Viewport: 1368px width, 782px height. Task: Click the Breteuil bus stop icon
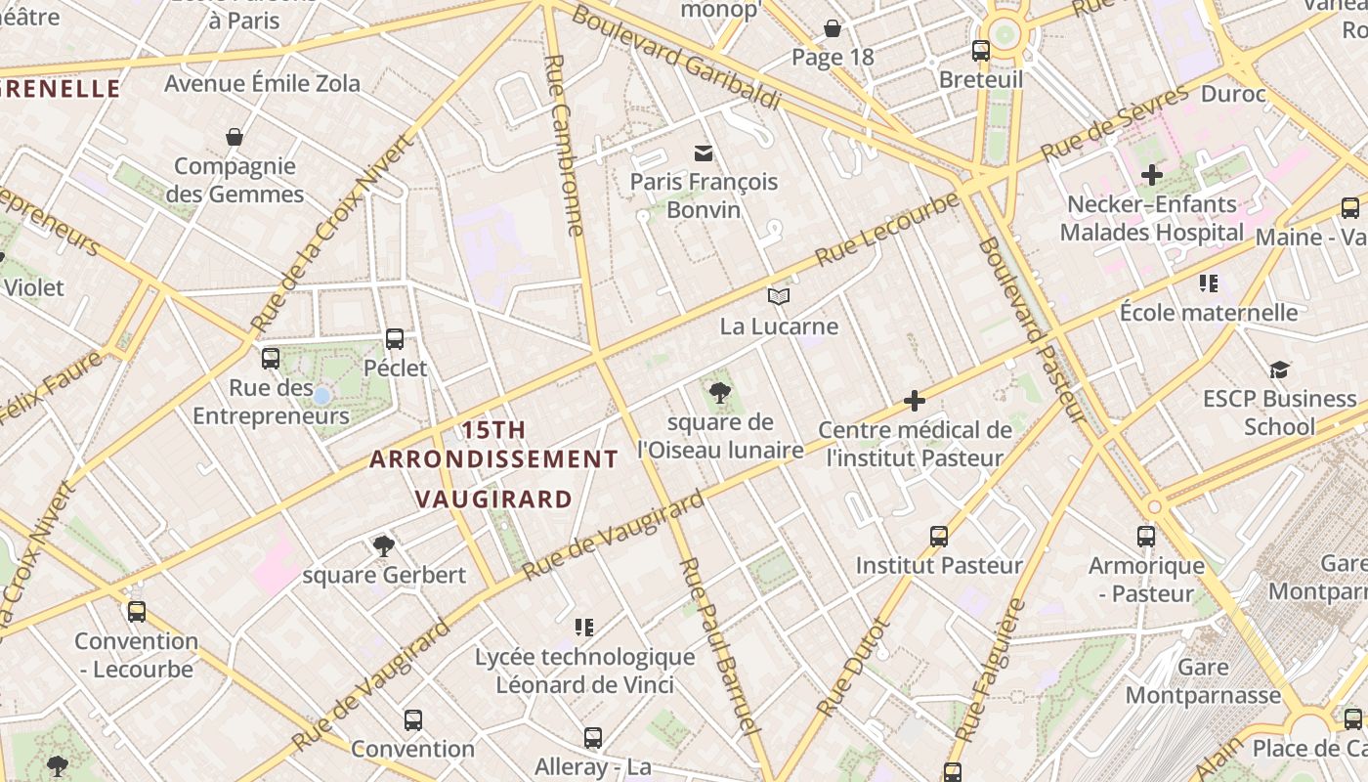(x=980, y=51)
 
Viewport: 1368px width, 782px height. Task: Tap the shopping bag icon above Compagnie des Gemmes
(x=234, y=137)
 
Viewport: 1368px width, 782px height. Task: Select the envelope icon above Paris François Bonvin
(x=703, y=152)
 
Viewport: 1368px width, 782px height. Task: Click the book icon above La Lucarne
(x=778, y=296)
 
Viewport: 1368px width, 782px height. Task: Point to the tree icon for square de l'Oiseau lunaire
(x=719, y=393)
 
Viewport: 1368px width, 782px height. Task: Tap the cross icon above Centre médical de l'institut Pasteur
(x=915, y=401)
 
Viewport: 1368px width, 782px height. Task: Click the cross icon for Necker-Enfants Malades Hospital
(x=1152, y=176)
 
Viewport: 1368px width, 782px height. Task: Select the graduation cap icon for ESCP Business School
(x=1279, y=369)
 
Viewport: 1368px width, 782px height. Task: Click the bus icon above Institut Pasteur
(x=939, y=536)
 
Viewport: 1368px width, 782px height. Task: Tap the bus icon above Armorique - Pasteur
(x=1146, y=536)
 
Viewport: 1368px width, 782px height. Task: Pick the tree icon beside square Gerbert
(x=383, y=545)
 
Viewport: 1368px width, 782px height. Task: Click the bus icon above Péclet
(x=395, y=339)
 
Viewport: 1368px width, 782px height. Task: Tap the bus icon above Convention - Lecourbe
(x=137, y=612)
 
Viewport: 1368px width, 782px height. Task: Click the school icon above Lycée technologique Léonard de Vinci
(x=584, y=627)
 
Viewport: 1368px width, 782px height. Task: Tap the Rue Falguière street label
(x=989, y=670)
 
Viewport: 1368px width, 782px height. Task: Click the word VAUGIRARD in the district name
(x=493, y=500)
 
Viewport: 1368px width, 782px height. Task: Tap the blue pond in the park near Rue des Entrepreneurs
(x=321, y=395)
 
